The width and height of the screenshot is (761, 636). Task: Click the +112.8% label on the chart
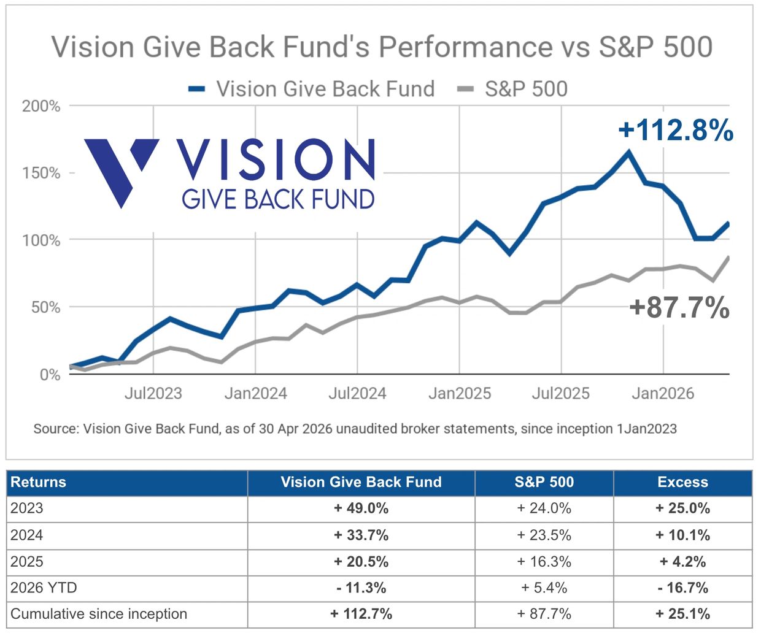click(676, 131)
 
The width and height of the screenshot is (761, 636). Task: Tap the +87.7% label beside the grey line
click(679, 307)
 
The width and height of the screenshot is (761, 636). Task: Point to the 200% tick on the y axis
click(41, 106)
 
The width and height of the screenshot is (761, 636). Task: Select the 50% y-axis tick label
click(45, 307)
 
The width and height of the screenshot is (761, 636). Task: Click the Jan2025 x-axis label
click(460, 393)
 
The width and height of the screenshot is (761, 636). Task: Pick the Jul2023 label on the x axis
click(153, 393)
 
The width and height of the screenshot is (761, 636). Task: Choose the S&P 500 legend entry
click(512, 89)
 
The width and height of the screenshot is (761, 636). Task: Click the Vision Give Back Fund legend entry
click(312, 89)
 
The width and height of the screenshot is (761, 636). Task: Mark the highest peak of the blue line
click(628, 152)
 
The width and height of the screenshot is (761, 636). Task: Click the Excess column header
click(682, 482)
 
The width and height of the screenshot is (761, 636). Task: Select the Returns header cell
click(38, 482)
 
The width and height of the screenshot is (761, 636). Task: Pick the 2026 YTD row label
click(44, 588)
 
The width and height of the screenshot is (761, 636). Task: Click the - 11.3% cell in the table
click(361, 588)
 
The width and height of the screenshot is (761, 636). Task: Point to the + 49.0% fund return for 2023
click(361, 508)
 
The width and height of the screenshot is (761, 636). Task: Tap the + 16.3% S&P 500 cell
click(544, 561)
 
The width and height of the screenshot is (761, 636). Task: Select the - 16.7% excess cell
click(682, 588)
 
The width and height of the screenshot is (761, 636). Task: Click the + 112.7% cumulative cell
click(361, 614)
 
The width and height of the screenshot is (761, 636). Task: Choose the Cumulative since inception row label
click(99, 614)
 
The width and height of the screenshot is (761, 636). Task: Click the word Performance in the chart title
click(465, 47)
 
